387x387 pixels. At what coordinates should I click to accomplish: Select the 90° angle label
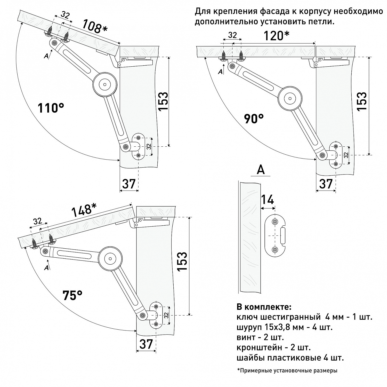pos(254,119)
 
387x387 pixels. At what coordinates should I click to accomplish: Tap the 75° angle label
pos(72,295)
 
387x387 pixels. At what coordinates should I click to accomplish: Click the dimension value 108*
pos(95,27)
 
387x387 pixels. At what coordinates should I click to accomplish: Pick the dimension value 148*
pos(84,210)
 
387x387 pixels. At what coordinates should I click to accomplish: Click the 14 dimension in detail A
pos(268,200)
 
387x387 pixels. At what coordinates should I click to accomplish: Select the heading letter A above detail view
pos(261,170)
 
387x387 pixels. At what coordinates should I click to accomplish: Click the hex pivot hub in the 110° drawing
pos(105,84)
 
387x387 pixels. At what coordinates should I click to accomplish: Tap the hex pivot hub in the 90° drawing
pos(290,98)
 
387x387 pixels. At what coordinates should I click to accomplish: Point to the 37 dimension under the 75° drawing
pos(146,344)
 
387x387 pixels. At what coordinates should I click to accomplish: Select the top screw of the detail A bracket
pos(275,221)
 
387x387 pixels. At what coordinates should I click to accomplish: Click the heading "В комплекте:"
pos(264,307)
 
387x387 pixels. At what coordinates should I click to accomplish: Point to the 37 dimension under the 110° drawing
pos(129,184)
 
